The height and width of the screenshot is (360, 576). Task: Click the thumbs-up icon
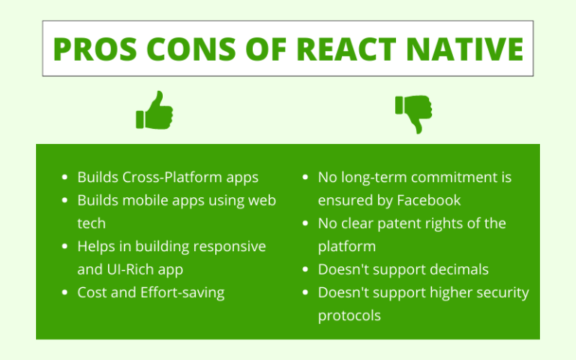154,110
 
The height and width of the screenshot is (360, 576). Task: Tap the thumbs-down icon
414,114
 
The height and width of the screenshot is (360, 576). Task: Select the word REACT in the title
346,49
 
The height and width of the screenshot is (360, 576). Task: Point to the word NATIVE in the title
465,49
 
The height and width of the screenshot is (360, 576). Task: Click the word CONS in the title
191,49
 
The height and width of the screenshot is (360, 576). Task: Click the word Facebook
429,200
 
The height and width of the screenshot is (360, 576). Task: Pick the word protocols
349,316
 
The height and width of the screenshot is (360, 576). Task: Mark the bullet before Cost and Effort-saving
65,292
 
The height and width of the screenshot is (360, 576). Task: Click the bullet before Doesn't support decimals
305,270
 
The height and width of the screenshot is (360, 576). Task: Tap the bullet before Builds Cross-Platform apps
65,178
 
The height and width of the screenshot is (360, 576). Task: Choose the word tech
91,223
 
